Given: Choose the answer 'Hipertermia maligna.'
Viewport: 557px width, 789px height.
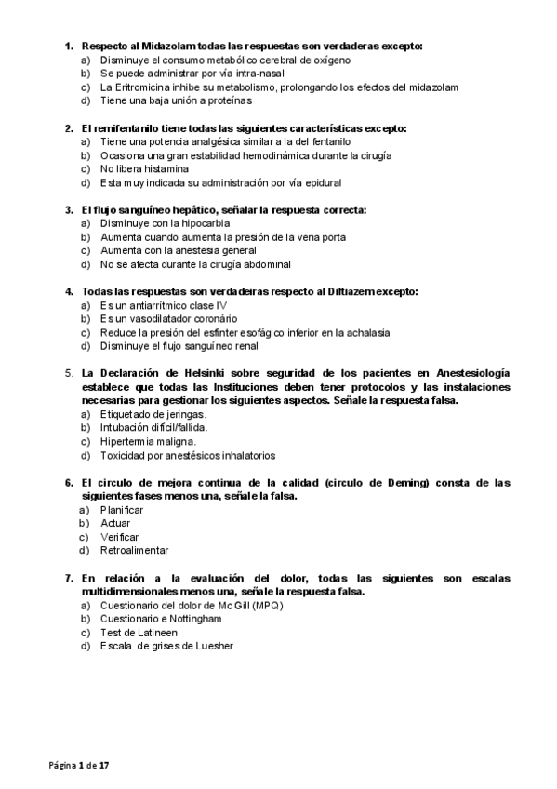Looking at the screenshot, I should [148, 441].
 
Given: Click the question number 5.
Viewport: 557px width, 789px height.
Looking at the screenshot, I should [68, 373].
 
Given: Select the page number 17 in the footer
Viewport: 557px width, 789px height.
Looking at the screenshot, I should [104, 765].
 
